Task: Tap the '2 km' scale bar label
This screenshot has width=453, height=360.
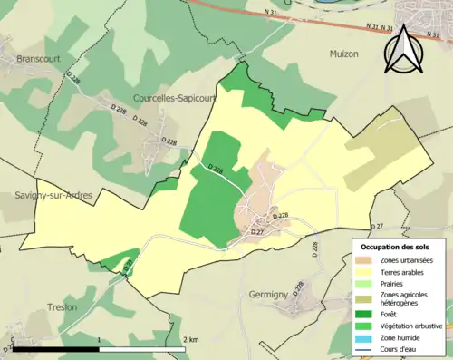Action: (191, 339)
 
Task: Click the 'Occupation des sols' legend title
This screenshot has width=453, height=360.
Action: (396, 247)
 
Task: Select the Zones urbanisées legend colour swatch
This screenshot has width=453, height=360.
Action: (367, 261)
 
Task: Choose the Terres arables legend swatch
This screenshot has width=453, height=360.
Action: (367, 272)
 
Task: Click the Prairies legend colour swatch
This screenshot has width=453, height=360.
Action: (367, 283)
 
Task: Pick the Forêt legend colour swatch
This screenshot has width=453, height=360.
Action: (367, 314)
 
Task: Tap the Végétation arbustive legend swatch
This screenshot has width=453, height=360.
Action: (367, 325)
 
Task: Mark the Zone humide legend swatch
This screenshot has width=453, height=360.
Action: (367, 336)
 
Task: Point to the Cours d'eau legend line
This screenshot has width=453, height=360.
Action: (367, 347)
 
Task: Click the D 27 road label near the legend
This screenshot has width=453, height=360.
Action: (379, 225)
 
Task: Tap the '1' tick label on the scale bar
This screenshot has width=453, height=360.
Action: (98, 339)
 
